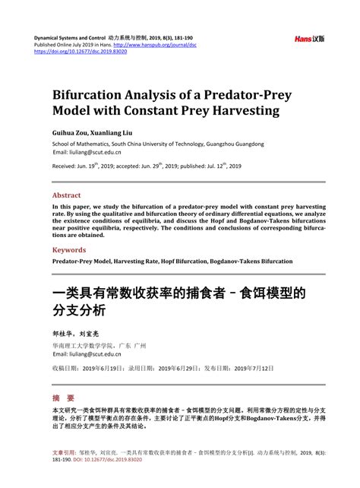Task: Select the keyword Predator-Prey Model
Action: [x=81, y=261]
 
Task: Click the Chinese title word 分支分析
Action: [x=78, y=310]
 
